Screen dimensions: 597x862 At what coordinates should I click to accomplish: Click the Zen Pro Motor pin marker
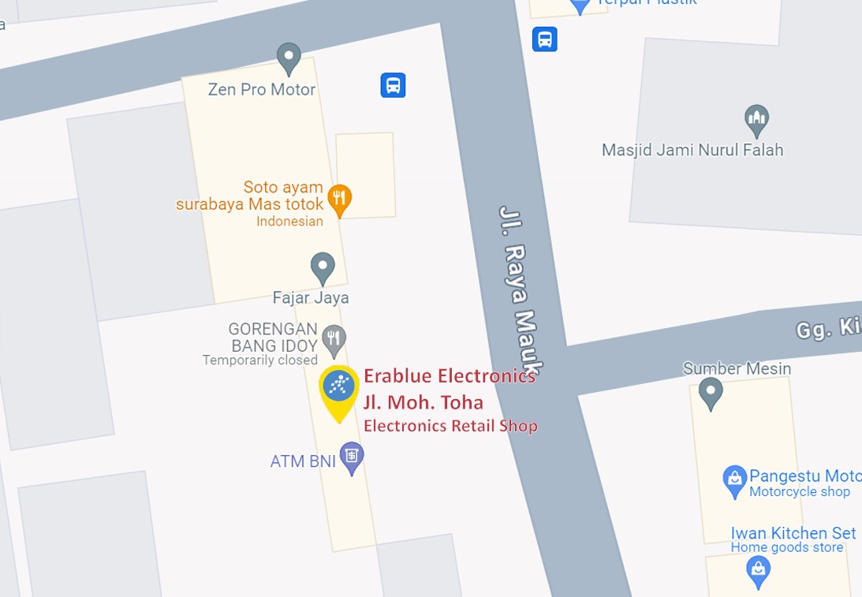[x=289, y=58]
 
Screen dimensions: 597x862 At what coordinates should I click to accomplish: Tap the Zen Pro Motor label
[x=261, y=90]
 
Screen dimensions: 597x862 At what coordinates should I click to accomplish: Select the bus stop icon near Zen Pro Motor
[x=393, y=85]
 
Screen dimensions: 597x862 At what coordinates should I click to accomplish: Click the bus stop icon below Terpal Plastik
[x=545, y=39]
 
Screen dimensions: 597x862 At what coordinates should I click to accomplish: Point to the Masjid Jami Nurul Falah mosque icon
[x=756, y=120]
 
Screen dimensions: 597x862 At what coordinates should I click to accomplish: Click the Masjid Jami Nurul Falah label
[x=692, y=150]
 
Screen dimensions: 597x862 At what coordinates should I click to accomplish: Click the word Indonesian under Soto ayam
[x=289, y=222]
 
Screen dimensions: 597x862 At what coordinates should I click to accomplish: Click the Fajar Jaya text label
[x=310, y=298]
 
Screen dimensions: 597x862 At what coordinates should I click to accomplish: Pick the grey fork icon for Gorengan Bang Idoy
[x=334, y=339]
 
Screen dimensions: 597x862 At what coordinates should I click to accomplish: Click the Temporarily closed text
[x=259, y=360]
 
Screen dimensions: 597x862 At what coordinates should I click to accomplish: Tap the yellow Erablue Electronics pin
[x=339, y=387]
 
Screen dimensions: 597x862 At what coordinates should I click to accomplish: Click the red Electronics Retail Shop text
[x=450, y=427]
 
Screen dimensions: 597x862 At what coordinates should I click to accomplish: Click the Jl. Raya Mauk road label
[x=521, y=292]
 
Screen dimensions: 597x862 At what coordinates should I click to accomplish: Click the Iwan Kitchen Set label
[x=793, y=533]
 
